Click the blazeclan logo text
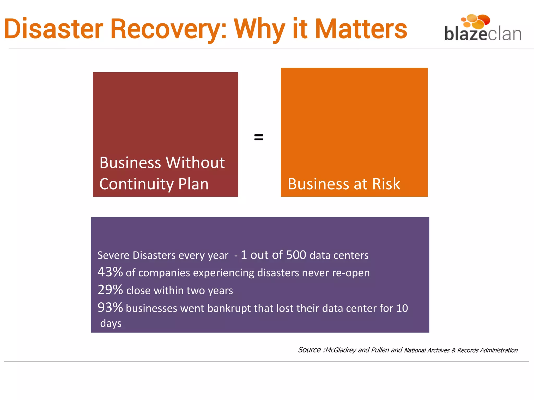482,34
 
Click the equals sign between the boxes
258,137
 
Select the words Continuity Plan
154,184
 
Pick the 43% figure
110,272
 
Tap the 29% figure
110,290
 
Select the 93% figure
110,307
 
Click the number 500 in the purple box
296,255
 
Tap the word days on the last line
111,323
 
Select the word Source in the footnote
309,350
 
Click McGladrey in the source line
341,350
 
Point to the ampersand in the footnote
453,350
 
